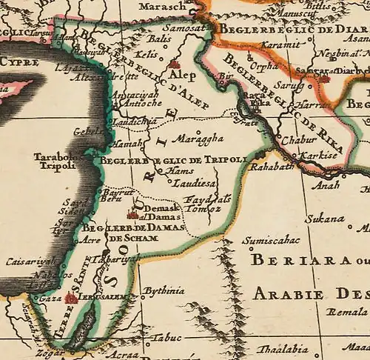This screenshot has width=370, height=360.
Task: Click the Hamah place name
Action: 125,144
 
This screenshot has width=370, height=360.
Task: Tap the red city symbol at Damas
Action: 132,214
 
